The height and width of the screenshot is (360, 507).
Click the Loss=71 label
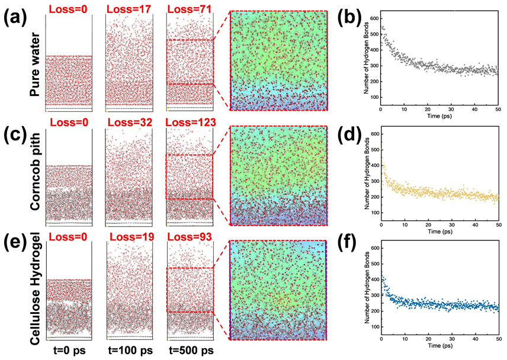[x=190, y=8]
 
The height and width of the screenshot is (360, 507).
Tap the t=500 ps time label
[x=189, y=350]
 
